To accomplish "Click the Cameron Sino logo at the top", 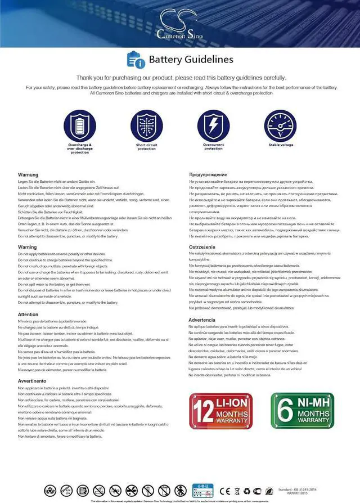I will pos(180,24).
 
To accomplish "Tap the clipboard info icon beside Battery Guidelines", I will pos(136,59).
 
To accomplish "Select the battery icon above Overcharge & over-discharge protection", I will pos(80,126).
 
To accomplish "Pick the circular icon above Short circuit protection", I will pos(147,126).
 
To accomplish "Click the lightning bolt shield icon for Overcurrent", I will pos(213,126).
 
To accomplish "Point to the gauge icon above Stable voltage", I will pos(280,126).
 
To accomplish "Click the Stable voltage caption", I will pos(281,145).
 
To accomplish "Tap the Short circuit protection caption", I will pos(147,147).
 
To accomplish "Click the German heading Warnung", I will pos(28,175).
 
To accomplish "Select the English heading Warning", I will pos(28,247).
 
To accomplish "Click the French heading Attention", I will pos(28,315).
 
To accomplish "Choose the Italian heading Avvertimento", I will pos(31,381).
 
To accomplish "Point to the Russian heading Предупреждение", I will pos(208,175).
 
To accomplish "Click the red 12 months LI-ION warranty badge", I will pos(223,411).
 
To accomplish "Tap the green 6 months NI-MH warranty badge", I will pos(303,411).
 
